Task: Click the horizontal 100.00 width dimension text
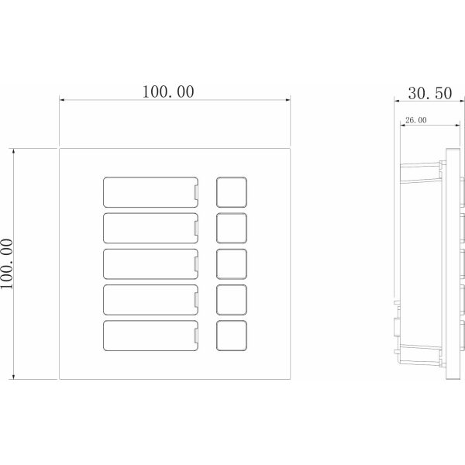[x=168, y=91]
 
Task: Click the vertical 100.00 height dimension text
[x=6, y=264]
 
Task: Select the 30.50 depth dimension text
[x=430, y=93]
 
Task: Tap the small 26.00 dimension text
[x=415, y=120]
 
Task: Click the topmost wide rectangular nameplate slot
[x=150, y=192]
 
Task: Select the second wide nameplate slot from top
[x=150, y=228]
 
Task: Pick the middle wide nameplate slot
[x=150, y=264]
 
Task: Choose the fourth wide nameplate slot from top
[x=150, y=300]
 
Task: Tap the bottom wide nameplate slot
[x=150, y=336]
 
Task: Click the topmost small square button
[x=232, y=192]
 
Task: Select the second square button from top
[x=232, y=228]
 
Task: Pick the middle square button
[x=232, y=264]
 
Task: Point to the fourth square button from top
[x=232, y=300]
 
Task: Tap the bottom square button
[x=232, y=336]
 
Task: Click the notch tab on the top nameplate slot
[x=196, y=192]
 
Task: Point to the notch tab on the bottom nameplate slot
[x=196, y=336]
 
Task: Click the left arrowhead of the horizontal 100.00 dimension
[x=62, y=100]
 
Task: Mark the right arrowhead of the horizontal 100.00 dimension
[x=288, y=100]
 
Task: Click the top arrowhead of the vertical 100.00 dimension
[x=13, y=151]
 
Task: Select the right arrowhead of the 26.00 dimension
[x=457, y=125]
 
